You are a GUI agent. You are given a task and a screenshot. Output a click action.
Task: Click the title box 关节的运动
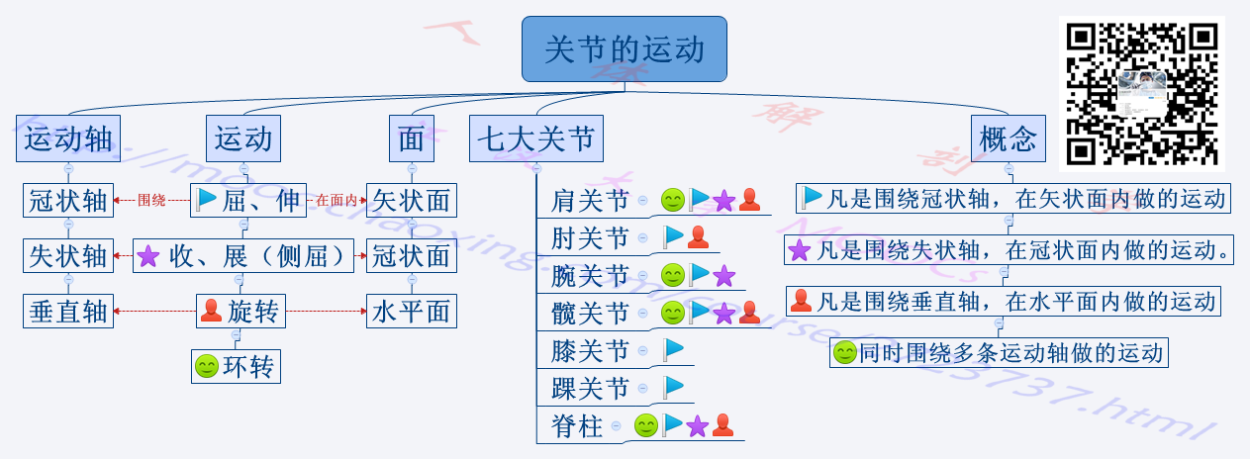point(624,48)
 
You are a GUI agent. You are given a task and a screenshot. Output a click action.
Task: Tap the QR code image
point(1141,93)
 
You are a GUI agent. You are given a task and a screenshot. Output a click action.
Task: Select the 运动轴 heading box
point(68,139)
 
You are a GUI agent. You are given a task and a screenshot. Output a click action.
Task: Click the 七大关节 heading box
point(536,139)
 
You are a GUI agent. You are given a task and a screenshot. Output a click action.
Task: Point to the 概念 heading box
point(1008,139)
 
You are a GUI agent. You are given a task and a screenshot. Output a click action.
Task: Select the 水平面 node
point(411,313)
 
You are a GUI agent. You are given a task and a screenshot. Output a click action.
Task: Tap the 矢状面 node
point(411,201)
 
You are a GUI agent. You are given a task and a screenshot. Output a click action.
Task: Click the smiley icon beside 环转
point(207,367)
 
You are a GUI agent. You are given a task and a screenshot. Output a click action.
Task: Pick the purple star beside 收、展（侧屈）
point(147,256)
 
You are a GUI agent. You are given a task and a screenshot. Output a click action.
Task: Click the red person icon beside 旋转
point(211,313)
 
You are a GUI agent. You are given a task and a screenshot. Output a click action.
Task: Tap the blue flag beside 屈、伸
point(207,201)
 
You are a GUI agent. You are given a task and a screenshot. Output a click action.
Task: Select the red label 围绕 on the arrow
point(151,201)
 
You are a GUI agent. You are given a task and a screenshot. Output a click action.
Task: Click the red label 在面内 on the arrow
point(337,201)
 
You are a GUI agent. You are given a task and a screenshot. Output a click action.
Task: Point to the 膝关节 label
point(590,350)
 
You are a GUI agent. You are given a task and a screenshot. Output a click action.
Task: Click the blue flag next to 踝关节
point(674,387)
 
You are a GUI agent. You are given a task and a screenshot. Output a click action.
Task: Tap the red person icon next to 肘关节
point(698,237)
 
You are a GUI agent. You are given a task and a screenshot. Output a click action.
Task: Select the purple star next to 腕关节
point(724,275)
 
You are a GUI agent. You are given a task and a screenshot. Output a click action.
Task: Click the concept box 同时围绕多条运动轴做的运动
point(1000,352)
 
